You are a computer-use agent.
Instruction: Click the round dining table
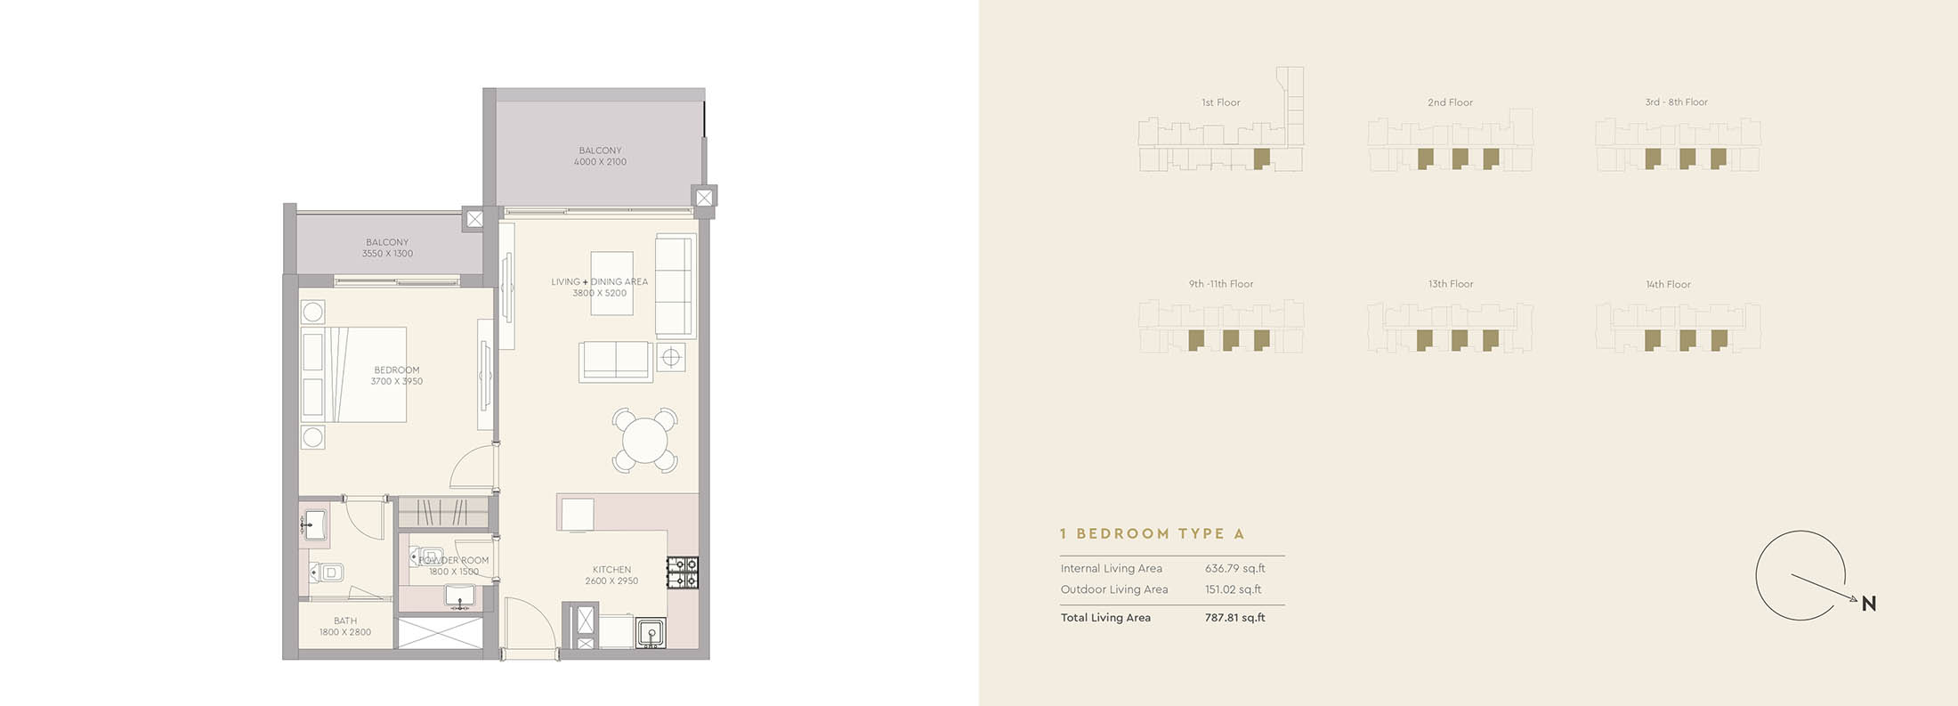tap(644, 440)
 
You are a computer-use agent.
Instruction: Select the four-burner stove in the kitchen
tap(683, 572)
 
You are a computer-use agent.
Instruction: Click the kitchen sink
tap(651, 633)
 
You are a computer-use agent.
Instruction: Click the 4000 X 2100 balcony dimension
tap(600, 162)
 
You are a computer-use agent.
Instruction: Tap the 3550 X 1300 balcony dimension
tap(387, 254)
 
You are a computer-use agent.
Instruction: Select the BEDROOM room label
tap(397, 369)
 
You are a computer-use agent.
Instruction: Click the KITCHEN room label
tap(611, 570)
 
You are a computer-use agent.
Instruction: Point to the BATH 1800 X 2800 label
tap(345, 627)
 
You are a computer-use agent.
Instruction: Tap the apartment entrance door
tap(530, 628)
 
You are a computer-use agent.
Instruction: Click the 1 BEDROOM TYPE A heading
tap(1152, 534)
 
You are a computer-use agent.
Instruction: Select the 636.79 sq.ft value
tap(1234, 569)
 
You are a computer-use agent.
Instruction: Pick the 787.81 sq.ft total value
tap(1234, 618)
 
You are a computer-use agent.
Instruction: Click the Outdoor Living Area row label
tap(1113, 589)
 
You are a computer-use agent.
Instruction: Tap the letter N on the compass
tap(1868, 605)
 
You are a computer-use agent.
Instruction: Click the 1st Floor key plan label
tap(1220, 102)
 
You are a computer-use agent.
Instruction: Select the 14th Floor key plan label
tap(1668, 285)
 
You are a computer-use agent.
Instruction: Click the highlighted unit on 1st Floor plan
tap(1260, 158)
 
